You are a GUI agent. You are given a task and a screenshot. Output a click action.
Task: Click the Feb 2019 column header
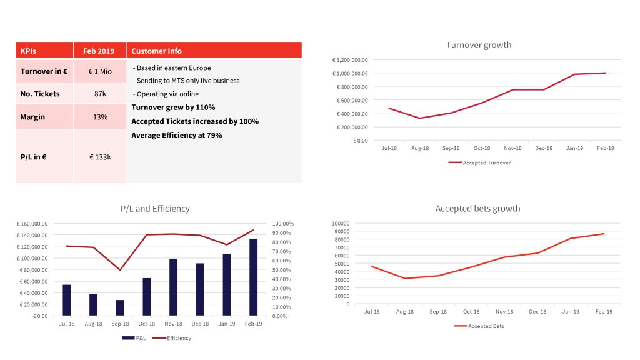[99, 51]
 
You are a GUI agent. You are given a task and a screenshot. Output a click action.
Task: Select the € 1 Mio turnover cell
[99, 71]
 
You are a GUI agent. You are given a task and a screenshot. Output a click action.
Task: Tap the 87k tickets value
[99, 94]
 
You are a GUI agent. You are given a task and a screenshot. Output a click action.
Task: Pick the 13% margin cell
[99, 117]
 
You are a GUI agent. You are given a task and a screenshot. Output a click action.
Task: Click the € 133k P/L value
[99, 157]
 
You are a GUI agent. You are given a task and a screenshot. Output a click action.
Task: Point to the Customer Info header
[157, 51]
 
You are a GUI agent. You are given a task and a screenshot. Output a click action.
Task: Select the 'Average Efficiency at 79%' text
[176, 135]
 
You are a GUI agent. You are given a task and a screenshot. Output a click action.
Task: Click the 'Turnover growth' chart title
[478, 45]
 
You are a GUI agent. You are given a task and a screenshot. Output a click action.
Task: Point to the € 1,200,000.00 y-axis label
[351, 60]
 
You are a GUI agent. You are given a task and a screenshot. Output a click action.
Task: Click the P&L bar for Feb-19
[253, 277]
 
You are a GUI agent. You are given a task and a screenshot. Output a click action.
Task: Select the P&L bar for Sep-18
[120, 307]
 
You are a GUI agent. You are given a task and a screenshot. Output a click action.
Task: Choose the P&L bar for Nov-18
[173, 287]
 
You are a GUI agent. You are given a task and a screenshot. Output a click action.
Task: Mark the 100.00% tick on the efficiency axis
[284, 224]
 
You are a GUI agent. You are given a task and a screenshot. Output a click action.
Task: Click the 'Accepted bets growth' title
[477, 209]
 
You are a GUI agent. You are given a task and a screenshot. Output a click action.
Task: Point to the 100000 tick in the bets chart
[341, 223]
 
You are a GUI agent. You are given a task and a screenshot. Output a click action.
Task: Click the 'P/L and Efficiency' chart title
[155, 209]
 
